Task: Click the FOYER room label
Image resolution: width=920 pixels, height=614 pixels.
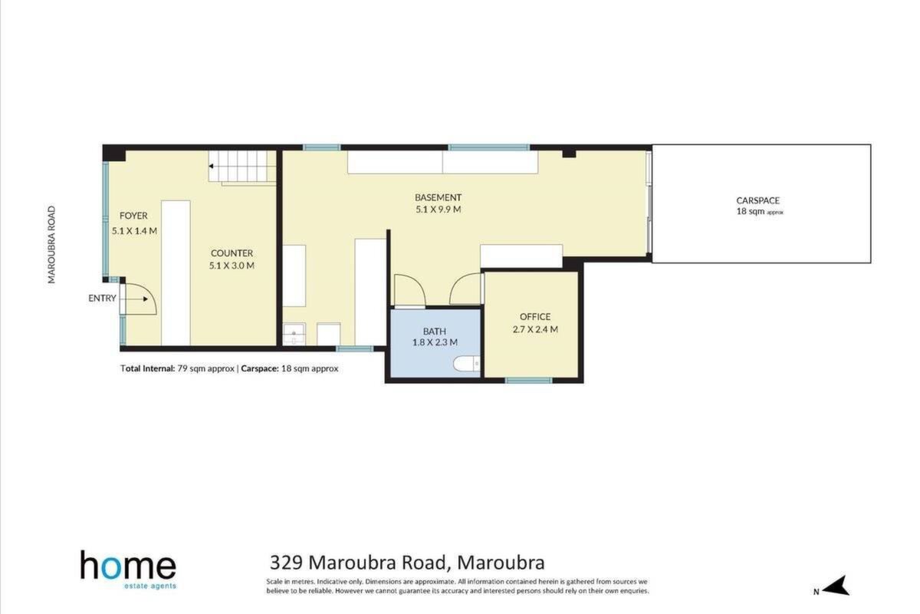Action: tap(133, 216)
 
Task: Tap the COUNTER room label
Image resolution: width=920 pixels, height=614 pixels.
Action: tap(232, 253)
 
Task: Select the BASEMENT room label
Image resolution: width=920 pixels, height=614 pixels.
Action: tap(439, 197)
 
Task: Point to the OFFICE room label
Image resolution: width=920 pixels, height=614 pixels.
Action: tap(535, 317)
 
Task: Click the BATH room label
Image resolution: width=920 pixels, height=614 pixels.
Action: tap(435, 331)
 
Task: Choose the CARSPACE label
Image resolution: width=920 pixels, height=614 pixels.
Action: tap(757, 200)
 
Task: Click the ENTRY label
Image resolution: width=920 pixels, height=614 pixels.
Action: tap(102, 298)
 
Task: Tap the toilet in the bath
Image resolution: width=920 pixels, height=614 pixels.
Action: tap(467, 364)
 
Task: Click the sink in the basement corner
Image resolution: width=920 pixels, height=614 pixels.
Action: tap(294, 335)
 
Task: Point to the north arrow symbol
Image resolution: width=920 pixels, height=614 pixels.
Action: tap(836, 586)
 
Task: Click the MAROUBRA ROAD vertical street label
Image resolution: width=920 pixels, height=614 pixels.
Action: tap(51, 245)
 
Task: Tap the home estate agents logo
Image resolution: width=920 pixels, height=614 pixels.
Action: tap(129, 570)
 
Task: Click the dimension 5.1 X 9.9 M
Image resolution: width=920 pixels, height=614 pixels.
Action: tap(439, 210)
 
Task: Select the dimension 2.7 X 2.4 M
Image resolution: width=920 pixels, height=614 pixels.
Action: tap(535, 329)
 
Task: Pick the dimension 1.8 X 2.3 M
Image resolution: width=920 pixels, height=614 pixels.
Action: tap(435, 342)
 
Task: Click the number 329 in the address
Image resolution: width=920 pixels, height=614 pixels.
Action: tap(286, 563)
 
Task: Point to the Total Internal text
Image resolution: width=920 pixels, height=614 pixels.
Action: tap(148, 368)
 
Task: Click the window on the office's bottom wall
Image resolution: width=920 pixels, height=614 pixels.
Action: tap(528, 381)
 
